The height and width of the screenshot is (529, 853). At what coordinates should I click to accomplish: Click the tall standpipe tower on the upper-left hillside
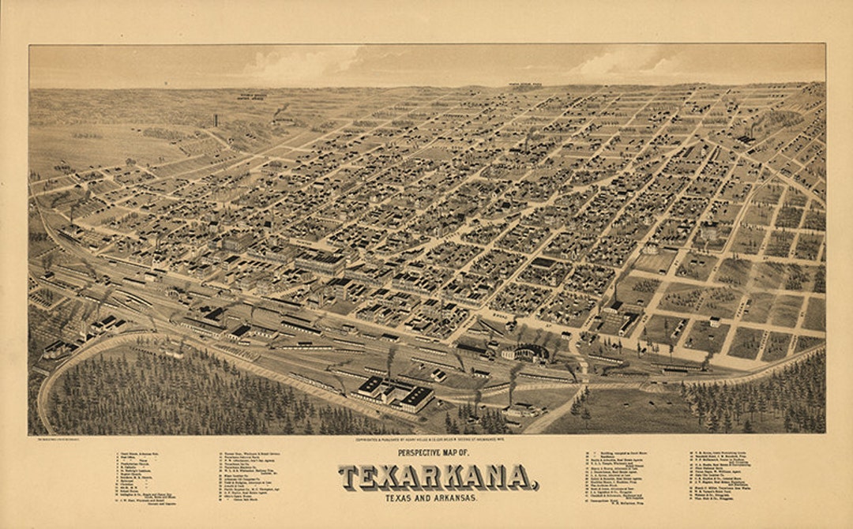click(215, 120)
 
